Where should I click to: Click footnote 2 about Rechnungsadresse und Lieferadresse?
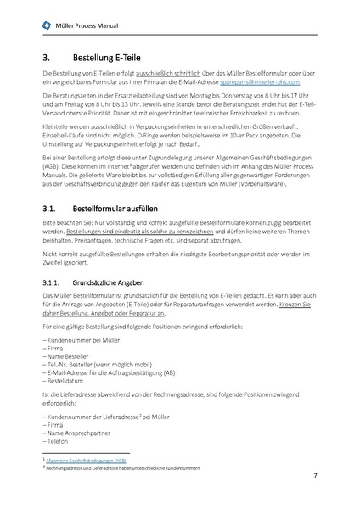click(118, 467)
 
